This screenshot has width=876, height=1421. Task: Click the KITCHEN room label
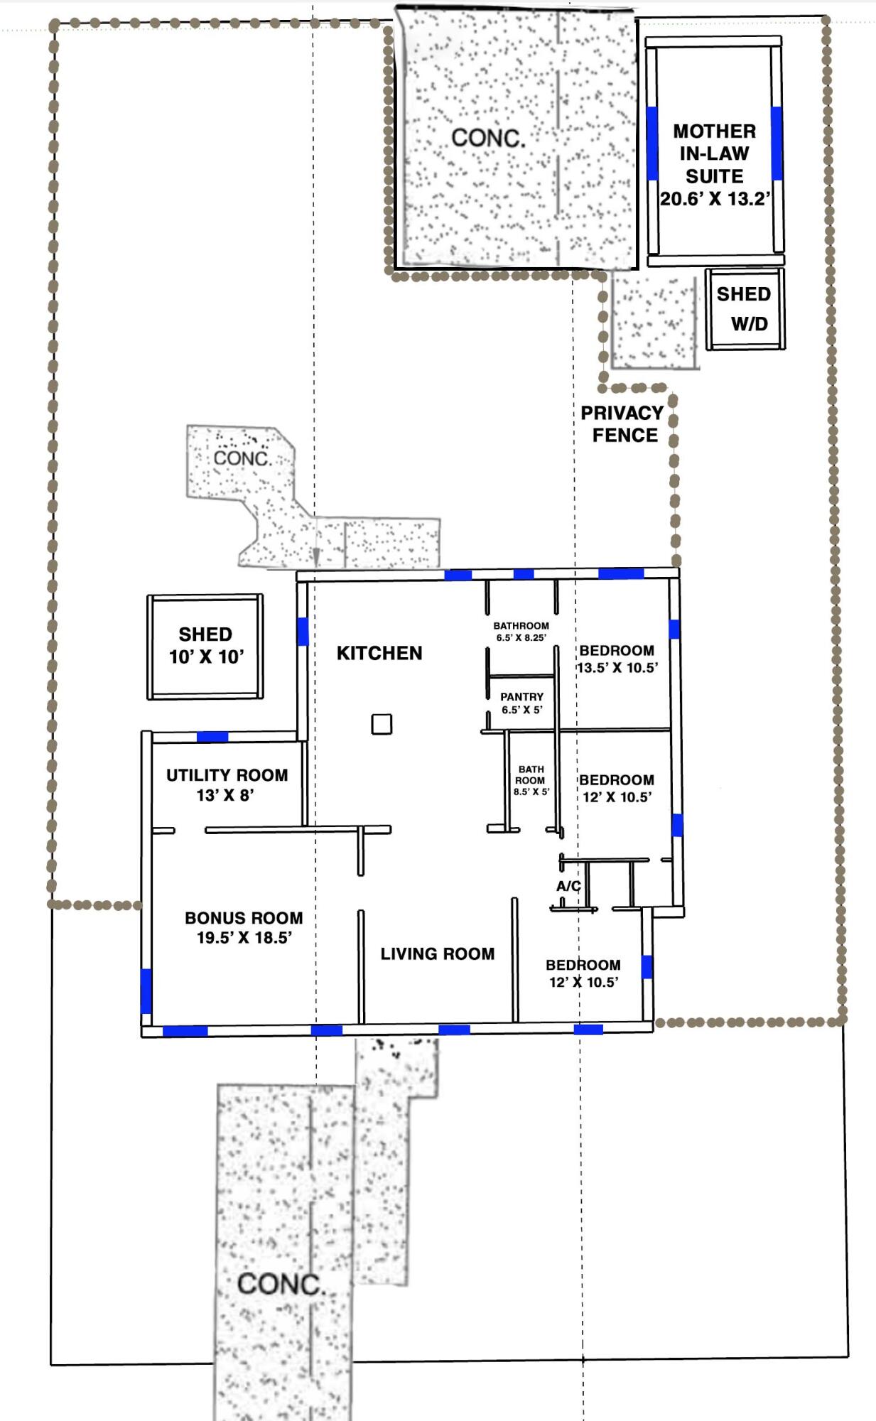[379, 653]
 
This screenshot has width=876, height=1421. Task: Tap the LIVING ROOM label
[438, 953]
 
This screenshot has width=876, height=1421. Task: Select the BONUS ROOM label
[244, 918]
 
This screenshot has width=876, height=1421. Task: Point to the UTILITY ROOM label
[227, 775]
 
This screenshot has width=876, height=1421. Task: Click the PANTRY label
[521, 697]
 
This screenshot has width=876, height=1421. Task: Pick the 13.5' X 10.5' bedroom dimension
[617, 668]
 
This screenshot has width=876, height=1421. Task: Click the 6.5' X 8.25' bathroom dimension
[521, 638]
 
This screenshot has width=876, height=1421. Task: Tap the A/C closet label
[568, 886]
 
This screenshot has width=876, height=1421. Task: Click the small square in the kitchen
[382, 724]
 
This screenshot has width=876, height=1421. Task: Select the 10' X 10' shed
[205, 647]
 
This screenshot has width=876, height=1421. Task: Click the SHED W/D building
[745, 308]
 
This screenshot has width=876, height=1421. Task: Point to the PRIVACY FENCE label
[622, 424]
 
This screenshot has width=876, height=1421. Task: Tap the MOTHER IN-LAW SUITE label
[715, 153]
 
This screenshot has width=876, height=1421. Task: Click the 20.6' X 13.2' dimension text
[715, 199]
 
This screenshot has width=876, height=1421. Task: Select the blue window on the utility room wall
[212, 737]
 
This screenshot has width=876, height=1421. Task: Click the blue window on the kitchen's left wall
[303, 632]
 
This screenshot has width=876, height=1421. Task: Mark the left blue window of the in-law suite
[652, 143]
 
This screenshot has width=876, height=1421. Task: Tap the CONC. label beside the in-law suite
[489, 138]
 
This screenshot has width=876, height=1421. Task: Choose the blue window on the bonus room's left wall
[146, 990]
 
